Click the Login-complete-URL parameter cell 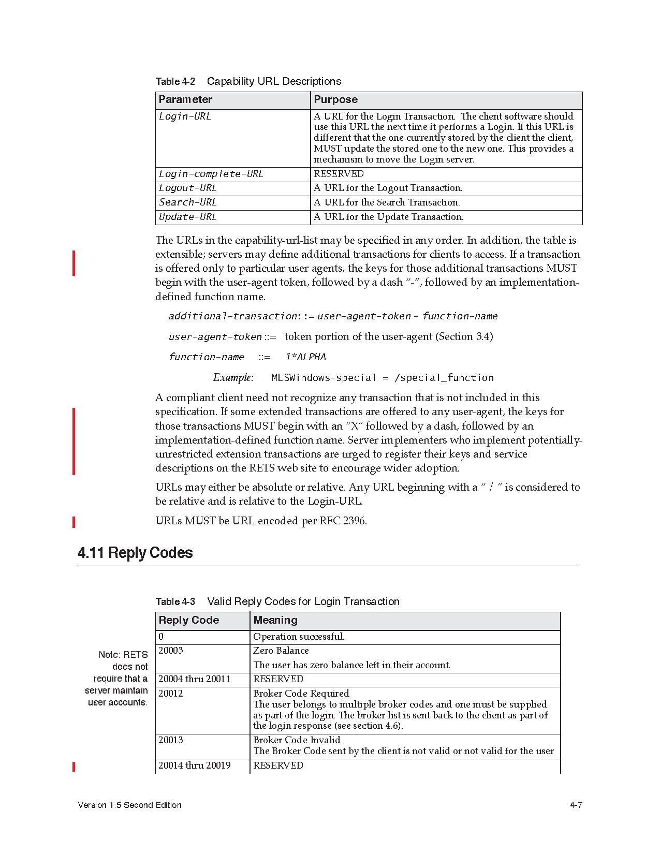(x=211, y=174)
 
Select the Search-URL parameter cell (x=188, y=202)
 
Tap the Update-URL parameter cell (x=188, y=217)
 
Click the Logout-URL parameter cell (x=188, y=188)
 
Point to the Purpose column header (x=336, y=100)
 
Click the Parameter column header (x=185, y=100)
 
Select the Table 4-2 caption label (x=175, y=82)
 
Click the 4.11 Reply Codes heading (x=135, y=553)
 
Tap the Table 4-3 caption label (x=175, y=602)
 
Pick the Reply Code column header (x=189, y=620)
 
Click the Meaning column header (x=275, y=620)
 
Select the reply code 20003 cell (x=171, y=651)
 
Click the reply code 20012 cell (x=171, y=694)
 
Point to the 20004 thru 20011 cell (x=195, y=679)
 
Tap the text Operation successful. (x=299, y=637)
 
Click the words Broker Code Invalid (x=297, y=740)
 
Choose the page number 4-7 (x=576, y=805)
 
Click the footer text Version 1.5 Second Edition (x=129, y=805)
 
